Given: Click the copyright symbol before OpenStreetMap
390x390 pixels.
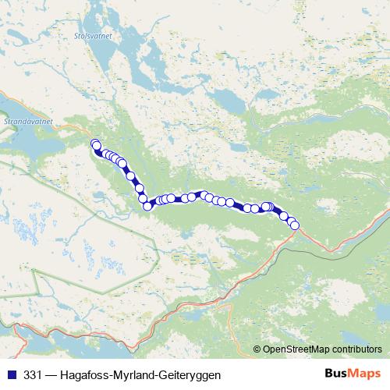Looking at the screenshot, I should [257, 349].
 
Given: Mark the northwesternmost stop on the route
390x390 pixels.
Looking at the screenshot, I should [95, 144].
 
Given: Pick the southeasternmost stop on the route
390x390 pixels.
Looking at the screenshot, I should [294, 225].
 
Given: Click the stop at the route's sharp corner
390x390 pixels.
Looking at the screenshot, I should [147, 206].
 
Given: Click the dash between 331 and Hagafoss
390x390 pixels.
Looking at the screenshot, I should [48, 374].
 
